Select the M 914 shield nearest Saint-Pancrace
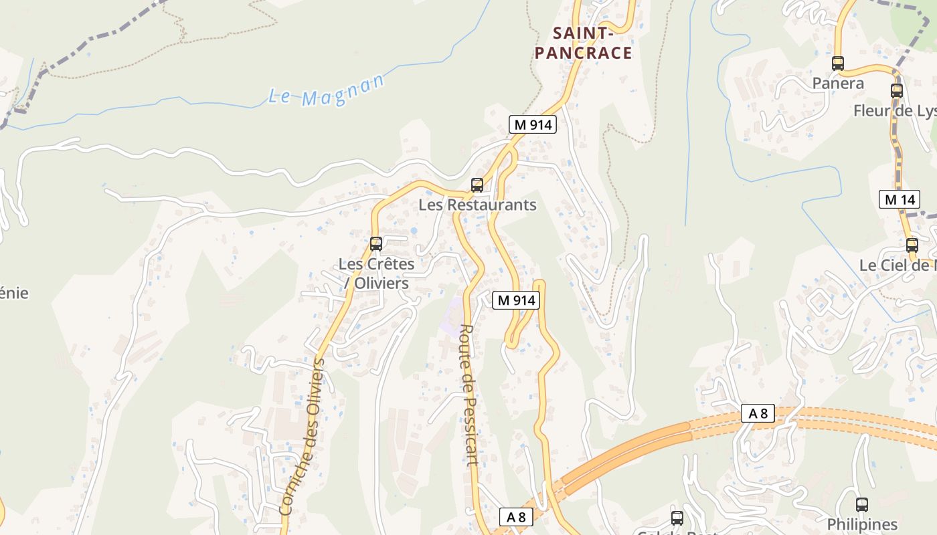533,124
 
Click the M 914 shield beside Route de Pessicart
515,300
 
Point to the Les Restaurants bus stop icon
477,185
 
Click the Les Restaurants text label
477,205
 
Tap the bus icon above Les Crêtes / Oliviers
376,244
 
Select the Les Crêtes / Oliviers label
376,273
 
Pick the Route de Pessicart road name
468,395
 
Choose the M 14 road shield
899,199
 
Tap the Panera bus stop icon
838,64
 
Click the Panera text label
838,84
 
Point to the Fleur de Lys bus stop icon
897,91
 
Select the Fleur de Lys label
894,111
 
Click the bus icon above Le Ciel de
912,245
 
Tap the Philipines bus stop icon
862,505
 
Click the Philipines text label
862,524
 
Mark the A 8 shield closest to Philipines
758,413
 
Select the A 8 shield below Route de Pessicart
517,517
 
